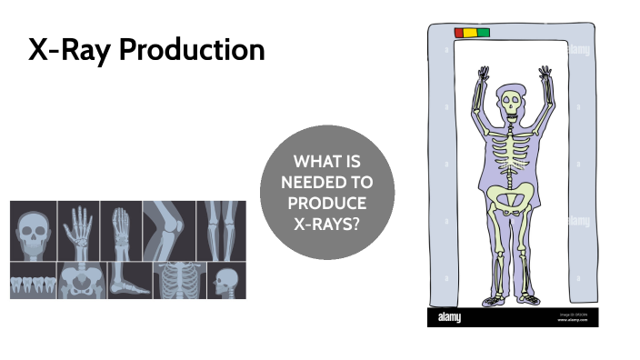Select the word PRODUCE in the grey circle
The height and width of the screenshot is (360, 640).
click(x=327, y=202)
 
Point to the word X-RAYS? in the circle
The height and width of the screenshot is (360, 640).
click(x=327, y=221)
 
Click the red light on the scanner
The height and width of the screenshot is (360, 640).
click(x=460, y=33)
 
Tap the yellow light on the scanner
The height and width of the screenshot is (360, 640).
click(x=472, y=33)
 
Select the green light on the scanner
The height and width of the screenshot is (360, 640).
click(x=484, y=33)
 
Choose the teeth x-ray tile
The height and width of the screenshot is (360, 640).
click(x=33, y=280)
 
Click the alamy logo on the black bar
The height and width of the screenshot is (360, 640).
click(x=448, y=317)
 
